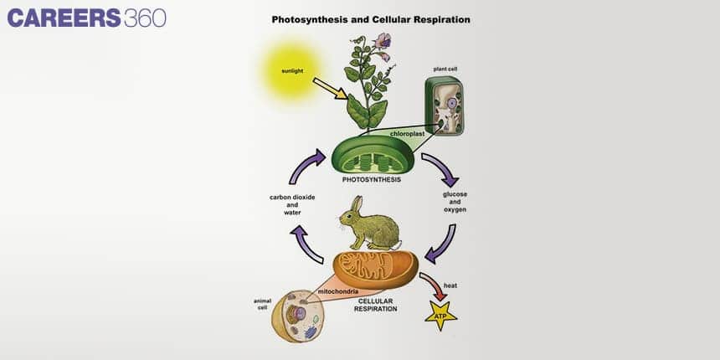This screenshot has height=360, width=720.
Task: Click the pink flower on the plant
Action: [383, 40]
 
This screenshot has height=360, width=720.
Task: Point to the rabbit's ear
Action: [357, 205]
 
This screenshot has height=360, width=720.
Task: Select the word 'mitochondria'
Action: [338, 291]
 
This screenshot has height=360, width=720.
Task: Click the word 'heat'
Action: [450, 285]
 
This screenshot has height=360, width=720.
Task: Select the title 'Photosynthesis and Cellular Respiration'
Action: [371, 18]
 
